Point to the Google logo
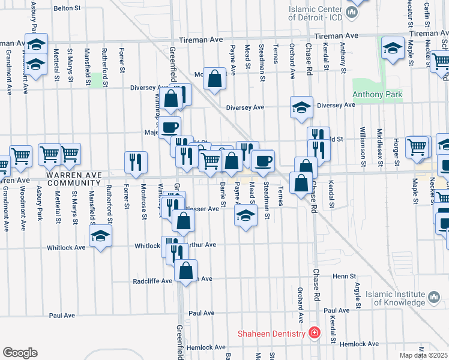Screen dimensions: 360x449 pos(20,353)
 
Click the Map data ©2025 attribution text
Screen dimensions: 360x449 pos(424,355)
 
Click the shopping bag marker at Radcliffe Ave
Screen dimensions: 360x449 pos(185,271)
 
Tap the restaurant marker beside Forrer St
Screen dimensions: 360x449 pos(136,162)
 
